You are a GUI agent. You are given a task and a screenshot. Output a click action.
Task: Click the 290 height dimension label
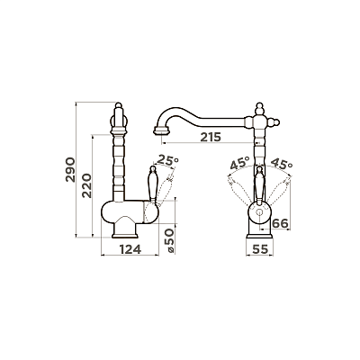tap(70, 169)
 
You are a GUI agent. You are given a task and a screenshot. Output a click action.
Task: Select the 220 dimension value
tap(87, 185)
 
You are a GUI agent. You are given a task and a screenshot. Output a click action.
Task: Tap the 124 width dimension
tap(130, 249)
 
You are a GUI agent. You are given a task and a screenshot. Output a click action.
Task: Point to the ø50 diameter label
tap(169, 240)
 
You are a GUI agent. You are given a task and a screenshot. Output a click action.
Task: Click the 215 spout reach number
tap(211, 137)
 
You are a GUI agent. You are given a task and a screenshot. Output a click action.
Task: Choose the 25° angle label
tap(167, 160)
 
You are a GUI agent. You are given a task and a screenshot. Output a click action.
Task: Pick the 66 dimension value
tap(280, 223)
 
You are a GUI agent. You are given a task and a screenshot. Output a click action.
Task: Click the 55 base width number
tap(259, 249)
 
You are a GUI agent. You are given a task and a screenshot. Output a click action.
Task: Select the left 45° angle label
tap(239, 163)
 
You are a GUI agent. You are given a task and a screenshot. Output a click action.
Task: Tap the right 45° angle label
tap(282, 163)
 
